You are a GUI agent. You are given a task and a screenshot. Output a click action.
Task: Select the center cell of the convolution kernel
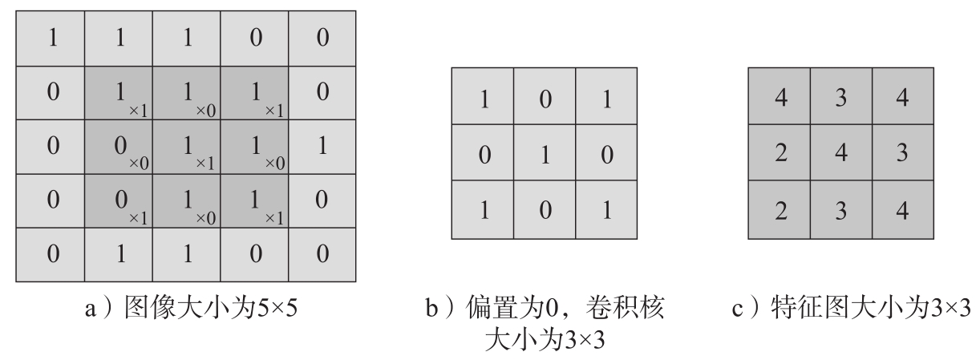(x=544, y=153)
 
